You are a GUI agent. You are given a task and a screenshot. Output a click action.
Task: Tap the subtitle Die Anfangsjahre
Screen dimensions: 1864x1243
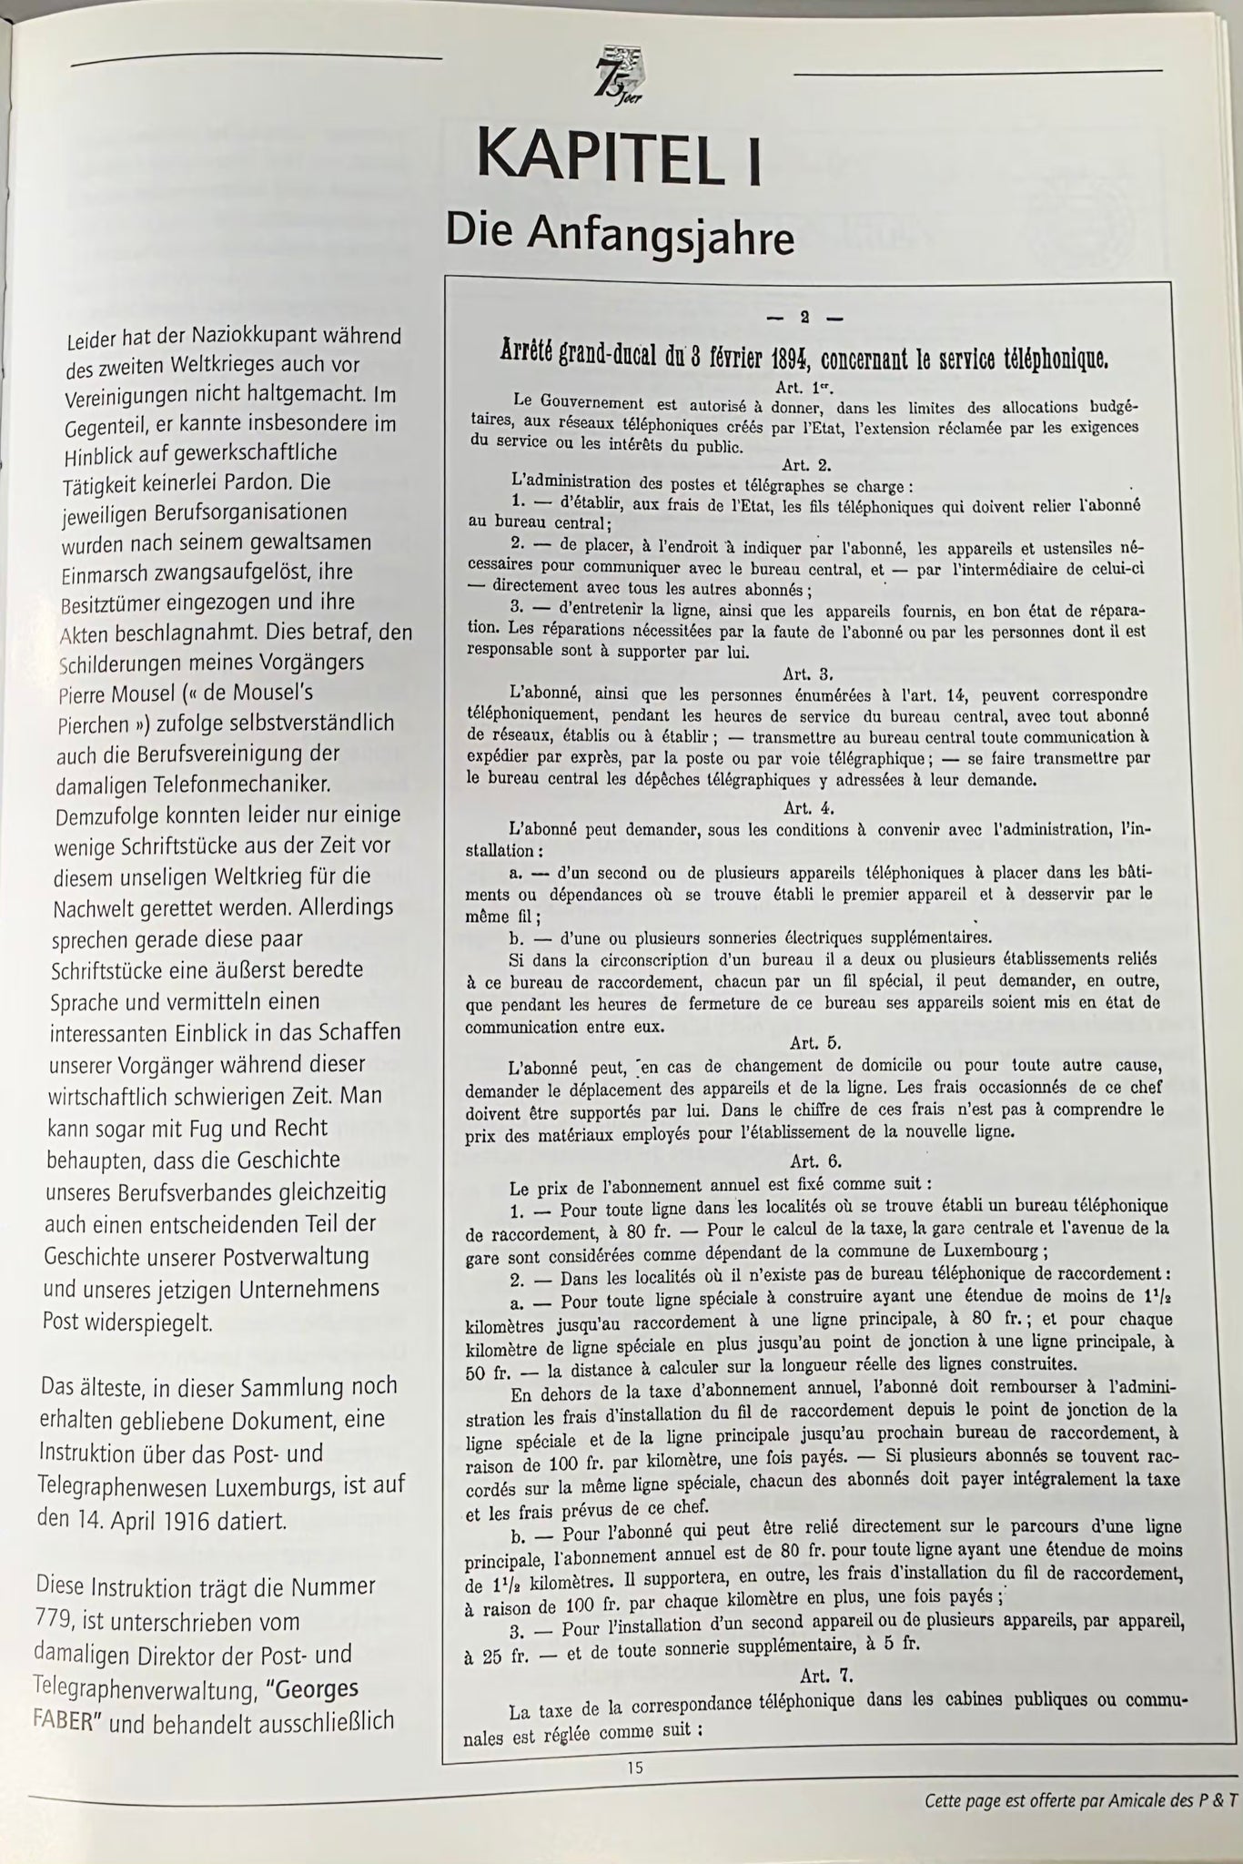(x=620, y=234)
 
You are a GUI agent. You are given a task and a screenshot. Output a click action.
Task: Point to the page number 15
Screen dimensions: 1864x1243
(x=634, y=1768)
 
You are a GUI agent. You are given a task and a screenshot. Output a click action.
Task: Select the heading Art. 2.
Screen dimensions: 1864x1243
(x=800, y=464)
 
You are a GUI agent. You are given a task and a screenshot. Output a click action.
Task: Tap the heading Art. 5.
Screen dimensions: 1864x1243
(x=800, y=1043)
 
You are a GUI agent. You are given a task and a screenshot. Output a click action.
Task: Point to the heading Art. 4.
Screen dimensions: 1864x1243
(x=806, y=807)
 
